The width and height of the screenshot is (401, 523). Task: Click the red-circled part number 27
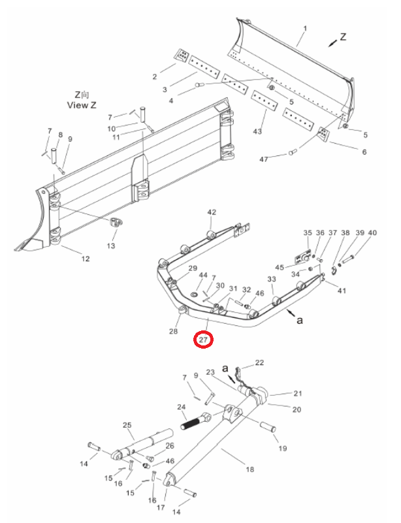tap(204, 340)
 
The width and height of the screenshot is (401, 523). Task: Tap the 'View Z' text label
tap(82, 105)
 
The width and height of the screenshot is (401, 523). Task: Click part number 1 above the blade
tap(305, 29)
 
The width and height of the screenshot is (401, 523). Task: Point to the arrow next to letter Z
tap(332, 42)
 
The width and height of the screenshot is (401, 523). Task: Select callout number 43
tap(257, 131)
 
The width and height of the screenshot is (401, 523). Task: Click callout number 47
tap(264, 159)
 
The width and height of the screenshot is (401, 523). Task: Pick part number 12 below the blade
tap(86, 259)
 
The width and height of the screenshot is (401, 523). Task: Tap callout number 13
tap(111, 246)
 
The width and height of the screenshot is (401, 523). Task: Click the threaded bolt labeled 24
tap(195, 422)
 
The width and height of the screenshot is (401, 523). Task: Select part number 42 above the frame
tap(212, 212)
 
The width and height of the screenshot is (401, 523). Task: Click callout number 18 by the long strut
tap(250, 469)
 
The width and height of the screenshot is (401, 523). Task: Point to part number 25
tap(127, 425)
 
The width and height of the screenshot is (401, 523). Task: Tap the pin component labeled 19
tap(268, 427)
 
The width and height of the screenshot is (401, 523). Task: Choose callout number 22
tap(259, 362)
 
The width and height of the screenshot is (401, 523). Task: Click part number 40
tap(372, 233)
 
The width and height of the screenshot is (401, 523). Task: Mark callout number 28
tap(174, 331)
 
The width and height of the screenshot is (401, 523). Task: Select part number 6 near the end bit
tap(364, 151)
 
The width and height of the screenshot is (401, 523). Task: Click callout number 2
tap(155, 76)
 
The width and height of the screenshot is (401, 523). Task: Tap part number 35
tap(308, 233)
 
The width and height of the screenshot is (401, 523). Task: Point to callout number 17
tap(161, 507)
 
